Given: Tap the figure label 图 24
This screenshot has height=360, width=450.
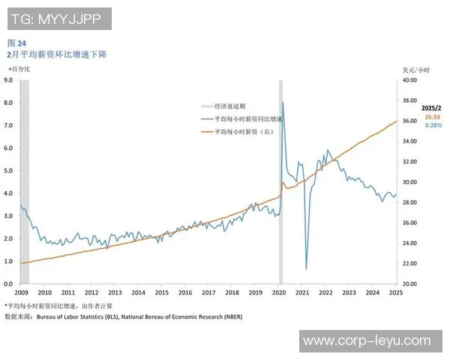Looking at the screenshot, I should (16, 43).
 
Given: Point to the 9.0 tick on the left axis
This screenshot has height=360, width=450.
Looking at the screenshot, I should (8, 79).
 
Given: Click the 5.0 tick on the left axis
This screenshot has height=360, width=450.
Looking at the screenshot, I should (8, 170).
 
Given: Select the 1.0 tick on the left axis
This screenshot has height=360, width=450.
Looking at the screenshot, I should (8, 261).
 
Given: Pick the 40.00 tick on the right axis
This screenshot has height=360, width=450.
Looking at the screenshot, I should (409, 79).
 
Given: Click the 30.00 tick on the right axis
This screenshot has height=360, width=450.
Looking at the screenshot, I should (409, 181).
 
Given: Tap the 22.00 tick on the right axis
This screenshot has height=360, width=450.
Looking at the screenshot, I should (409, 263).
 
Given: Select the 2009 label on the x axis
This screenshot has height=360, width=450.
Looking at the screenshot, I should (21, 293).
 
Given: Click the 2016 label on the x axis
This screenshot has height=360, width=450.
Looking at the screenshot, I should (185, 293).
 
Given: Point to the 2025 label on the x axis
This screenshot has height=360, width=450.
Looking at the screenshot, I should (396, 293).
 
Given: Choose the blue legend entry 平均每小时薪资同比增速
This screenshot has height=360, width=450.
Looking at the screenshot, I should (248, 119).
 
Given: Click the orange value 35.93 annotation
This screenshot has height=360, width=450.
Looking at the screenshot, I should (433, 117).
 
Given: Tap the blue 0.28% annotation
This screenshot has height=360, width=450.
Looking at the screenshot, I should (433, 125).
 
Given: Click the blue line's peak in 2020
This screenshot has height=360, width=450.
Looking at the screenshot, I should (282, 102).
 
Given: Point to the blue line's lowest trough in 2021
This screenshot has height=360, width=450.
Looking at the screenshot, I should (306, 268).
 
